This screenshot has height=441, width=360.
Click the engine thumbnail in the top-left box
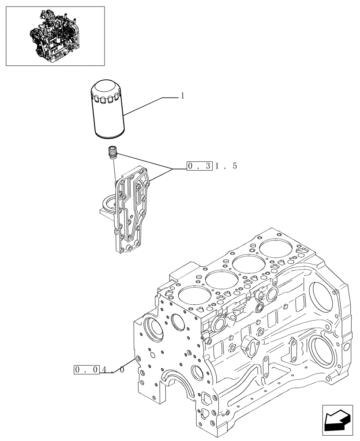coord(55,36)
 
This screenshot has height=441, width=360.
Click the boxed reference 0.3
coord(200,166)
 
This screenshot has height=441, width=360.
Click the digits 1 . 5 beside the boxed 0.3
coord(226,166)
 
